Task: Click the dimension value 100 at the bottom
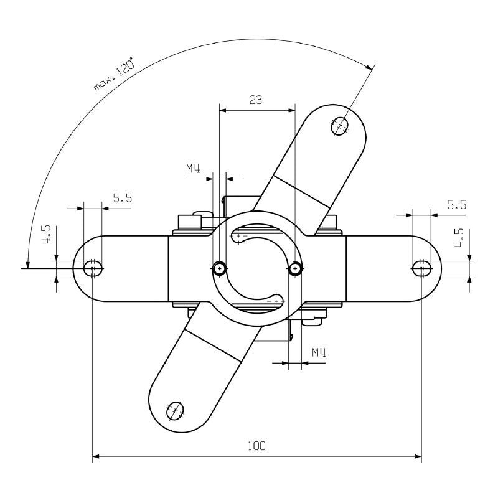[256, 446]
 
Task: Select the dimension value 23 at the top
[256, 99]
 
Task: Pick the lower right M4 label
[319, 353]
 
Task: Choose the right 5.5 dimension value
[456, 204]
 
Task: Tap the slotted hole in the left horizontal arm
[93, 268]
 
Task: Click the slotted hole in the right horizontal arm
[421, 268]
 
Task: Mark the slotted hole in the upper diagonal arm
[340, 126]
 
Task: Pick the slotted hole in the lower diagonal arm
[174, 410]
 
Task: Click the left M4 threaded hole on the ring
[219, 268]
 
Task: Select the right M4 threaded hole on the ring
[295, 268]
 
